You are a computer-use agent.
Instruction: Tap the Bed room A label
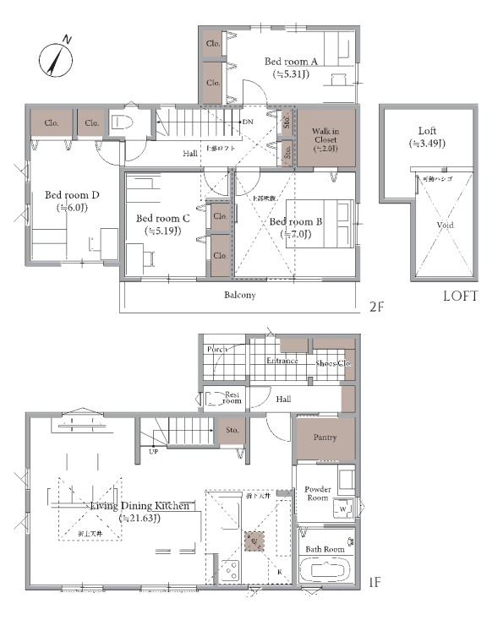tap(291, 62)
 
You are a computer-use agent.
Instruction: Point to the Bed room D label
tap(72, 195)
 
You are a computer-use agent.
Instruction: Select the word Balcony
tap(240, 296)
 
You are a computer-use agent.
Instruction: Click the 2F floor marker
tap(375, 307)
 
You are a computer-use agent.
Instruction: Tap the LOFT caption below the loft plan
tap(461, 296)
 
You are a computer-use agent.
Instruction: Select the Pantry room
tap(325, 438)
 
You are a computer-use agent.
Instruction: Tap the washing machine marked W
tap(345, 509)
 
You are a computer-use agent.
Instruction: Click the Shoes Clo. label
tap(332, 363)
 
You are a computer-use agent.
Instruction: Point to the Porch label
tap(217, 349)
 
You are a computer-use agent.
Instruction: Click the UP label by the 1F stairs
tap(153, 452)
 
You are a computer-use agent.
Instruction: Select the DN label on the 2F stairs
tap(248, 122)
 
